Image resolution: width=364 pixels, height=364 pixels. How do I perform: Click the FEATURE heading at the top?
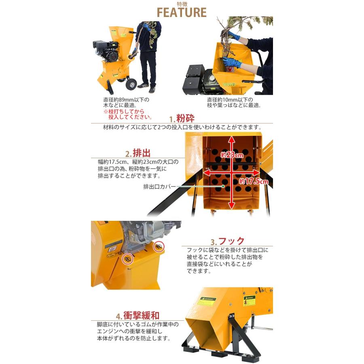[x=182, y=12]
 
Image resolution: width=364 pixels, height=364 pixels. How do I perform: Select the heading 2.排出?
[x=138, y=154]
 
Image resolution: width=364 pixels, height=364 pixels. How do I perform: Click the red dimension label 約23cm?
[x=232, y=155]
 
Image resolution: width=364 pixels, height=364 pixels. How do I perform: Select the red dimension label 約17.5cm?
[x=253, y=181]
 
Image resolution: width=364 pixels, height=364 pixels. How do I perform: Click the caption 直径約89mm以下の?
[x=126, y=99]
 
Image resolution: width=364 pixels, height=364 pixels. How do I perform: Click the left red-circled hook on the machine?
[x=127, y=258]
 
